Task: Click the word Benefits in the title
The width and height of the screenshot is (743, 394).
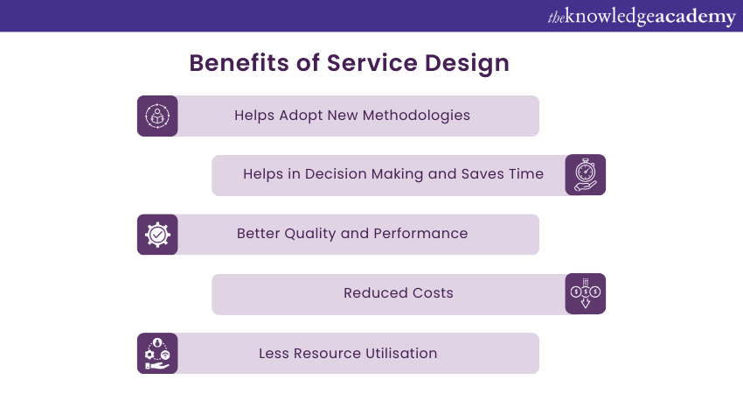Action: pyautogui.click(x=240, y=63)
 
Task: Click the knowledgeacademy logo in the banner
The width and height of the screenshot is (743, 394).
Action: pyautogui.click(x=642, y=17)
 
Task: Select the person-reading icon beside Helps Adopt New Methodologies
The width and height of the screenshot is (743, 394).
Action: pyautogui.click(x=157, y=116)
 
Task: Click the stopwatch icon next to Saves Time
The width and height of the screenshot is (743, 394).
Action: pyautogui.click(x=585, y=175)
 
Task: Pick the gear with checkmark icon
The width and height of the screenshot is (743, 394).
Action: pyautogui.click(x=157, y=235)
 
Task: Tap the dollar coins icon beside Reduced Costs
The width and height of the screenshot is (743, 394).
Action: pyautogui.click(x=585, y=293)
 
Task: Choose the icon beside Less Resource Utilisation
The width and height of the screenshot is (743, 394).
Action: pyautogui.click(x=157, y=353)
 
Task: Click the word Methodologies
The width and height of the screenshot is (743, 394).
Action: pyautogui.click(x=416, y=116)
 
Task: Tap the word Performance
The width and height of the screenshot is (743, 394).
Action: pyautogui.click(x=420, y=234)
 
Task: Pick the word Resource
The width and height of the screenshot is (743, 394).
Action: pyautogui.click(x=328, y=353)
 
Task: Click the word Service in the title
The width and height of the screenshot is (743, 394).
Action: pyautogui.click(x=372, y=63)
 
